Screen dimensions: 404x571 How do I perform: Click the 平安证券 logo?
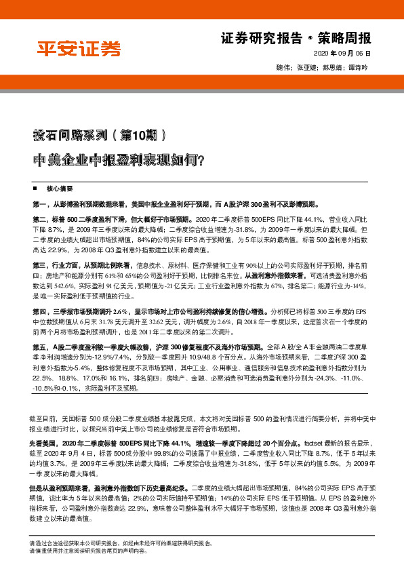click(78, 50)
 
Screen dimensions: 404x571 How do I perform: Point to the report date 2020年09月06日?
click(344, 54)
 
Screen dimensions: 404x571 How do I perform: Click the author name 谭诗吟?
click(358, 68)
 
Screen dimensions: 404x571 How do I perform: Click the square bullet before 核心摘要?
click(35, 187)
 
